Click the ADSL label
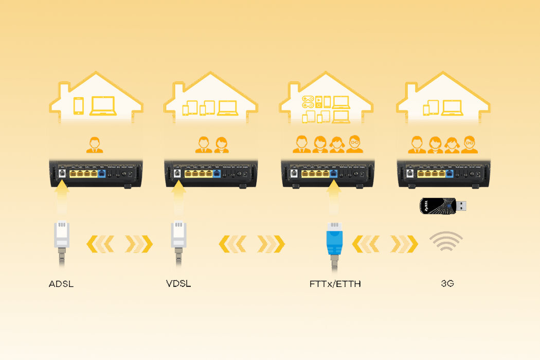[61, 284]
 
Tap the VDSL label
[178, 284]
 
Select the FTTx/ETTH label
[335, 284]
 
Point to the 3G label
[446, 284]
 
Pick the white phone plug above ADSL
[61, 233]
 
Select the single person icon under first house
[94, 145]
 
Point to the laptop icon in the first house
[103, 106]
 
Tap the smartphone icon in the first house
[79, 106]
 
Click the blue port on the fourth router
[451, 174]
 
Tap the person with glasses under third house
[354, 145]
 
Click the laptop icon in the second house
[227, 108]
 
